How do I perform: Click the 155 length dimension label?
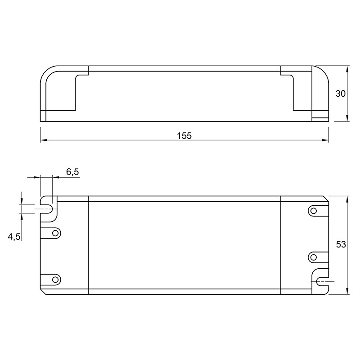pos(184,136)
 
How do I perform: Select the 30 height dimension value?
pos(341,94)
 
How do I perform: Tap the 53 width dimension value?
pos(341,244)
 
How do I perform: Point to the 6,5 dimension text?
pos(72,172)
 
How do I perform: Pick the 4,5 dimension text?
pos(14,237)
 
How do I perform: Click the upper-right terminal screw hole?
pos(313,211)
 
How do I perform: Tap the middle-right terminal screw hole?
pos(313,257)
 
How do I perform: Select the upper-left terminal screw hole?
pos(55,233)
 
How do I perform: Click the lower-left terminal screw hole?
pos(55,279)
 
